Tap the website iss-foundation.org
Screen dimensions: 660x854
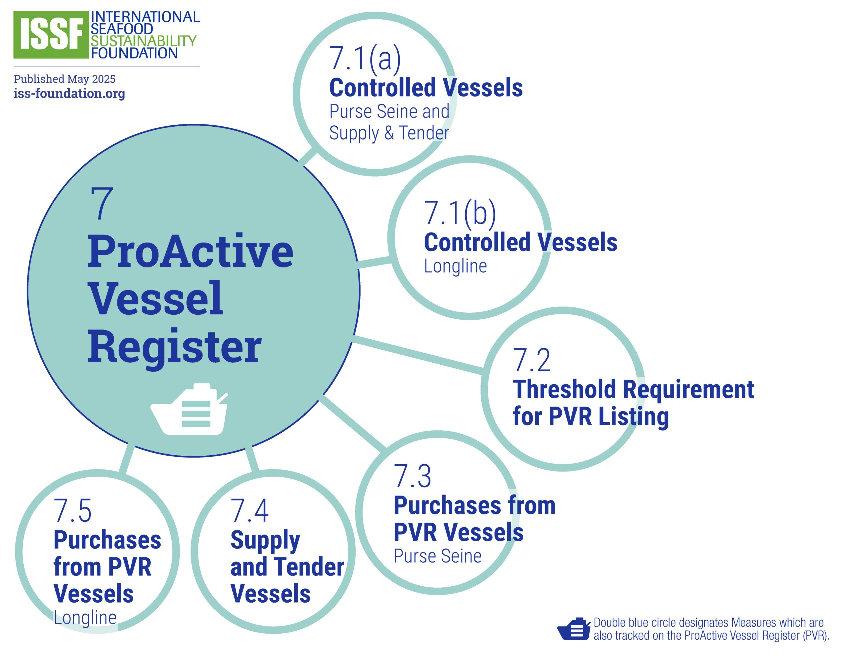click(69, 93)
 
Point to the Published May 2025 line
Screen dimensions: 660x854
click(64, 79)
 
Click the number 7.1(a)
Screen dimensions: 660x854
click(365, 59)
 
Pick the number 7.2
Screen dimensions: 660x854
click(531, 360)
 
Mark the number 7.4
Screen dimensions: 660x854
click(249, 510)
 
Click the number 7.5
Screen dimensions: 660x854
click(73, 510)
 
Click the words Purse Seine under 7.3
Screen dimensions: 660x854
click(437, 556)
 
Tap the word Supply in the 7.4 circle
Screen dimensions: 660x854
click(265, 541)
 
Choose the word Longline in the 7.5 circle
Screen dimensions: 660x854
click(85, 618)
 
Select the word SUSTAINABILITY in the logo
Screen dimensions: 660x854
click(143, 41)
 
